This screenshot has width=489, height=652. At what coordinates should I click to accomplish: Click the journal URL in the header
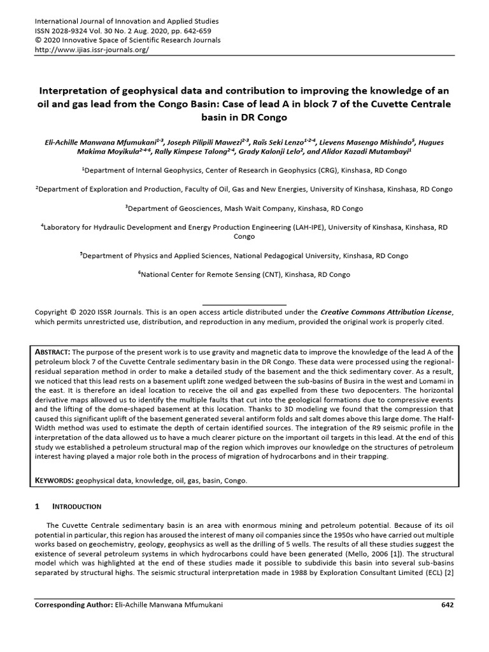pos(91,50)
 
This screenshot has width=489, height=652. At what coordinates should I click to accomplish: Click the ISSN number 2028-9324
pos(72,31)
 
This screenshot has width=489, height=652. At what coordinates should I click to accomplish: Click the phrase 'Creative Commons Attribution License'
pos(386,312)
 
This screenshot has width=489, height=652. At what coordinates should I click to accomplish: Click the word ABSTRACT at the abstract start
pos(55,352)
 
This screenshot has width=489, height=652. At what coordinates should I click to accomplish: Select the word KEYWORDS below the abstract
pos(55,481)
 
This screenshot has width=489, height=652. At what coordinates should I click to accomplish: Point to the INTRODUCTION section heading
pos(76,506)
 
